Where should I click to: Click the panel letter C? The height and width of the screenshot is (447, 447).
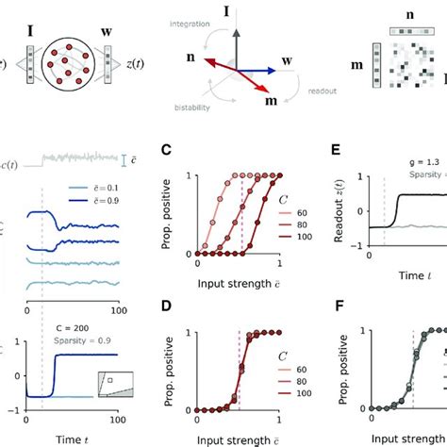(166, 150)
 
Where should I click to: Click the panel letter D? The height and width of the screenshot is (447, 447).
(166, 306)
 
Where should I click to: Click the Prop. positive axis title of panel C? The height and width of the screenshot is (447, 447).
(168, 215)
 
